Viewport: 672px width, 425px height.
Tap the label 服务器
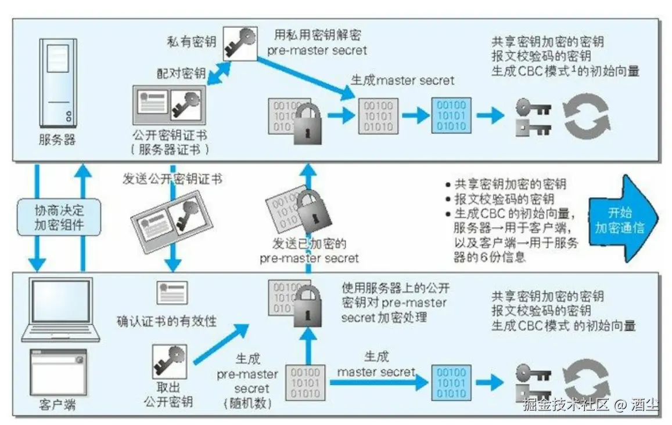point(57,140)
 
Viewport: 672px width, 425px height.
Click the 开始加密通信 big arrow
point(623,220)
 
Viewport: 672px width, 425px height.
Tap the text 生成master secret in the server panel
point(403,80)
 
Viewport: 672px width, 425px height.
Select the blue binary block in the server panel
point(451,115)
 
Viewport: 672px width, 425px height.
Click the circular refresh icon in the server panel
point(588,115)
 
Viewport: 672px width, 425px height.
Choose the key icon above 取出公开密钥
point(169,361)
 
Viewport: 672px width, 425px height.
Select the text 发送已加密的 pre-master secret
point(309,250)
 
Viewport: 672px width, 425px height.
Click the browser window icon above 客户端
point(58,371)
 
